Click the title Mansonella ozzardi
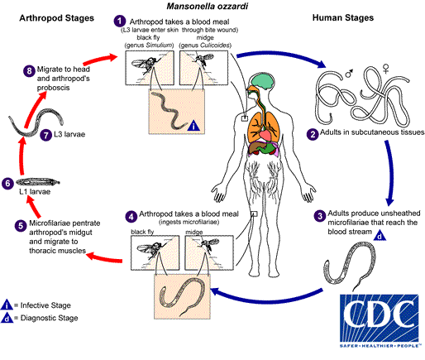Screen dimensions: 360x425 (x=212, y=7)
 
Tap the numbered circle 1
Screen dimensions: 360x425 (x=121, y=19)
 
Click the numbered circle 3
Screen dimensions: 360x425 (x=320, y=216)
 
